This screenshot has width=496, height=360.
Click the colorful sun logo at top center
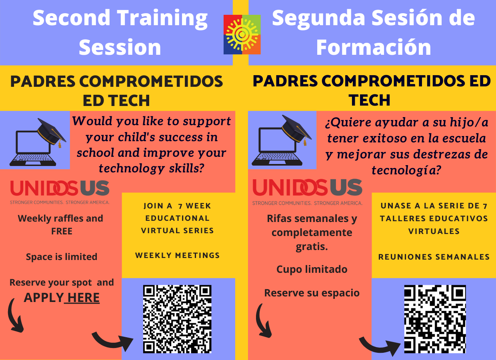[x=242, y=34]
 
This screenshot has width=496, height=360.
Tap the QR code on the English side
[x=177, y=319]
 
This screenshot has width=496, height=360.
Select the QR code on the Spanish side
[x=435, y=319]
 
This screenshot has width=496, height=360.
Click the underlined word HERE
[x=84, y=298]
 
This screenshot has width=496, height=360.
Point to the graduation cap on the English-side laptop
[x=52, y=132]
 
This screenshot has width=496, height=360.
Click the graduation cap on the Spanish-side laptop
[x=296, y=130]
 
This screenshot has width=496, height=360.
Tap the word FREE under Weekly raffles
[x=62, y=231]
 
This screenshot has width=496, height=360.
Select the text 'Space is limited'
[x=62, y=257]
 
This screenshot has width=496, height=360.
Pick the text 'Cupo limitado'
[x=312, y=270]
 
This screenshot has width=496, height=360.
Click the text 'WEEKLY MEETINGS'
[x=177, y=255]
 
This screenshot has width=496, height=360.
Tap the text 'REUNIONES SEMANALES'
[x=434, y=257]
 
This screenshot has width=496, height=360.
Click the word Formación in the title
[x=374, y=47]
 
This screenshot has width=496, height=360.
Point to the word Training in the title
[x=162, y=20]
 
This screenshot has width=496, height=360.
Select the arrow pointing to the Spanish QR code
[x=379, y=346]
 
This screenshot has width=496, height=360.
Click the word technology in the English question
[x=132, y=169]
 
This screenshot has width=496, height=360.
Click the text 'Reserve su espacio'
[x=312, y=293]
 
